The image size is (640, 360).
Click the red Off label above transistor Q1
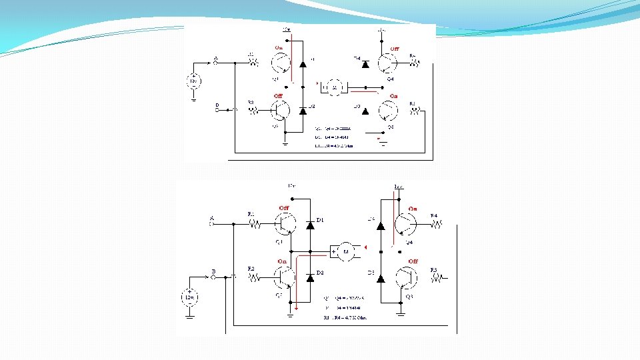(284, 208)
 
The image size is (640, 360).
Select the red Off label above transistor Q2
(279, 96)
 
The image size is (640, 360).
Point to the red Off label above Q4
(395, 49)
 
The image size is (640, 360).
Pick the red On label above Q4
(413, 209)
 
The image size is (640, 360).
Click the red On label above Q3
(393, 96)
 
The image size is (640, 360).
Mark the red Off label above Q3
(413, 261)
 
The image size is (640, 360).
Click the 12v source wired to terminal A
(193, 81)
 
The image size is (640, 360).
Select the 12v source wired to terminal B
(190, 297)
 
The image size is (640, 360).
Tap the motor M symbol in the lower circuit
(345, 251)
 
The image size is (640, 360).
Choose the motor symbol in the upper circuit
(334, 87)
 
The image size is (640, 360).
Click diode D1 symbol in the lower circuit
(310, 225)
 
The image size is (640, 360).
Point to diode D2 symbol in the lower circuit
(310, 277)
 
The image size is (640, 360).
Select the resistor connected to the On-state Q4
(434, 225)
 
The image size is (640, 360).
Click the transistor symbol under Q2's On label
(285, 276)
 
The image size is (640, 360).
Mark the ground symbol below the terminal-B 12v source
(190, 315)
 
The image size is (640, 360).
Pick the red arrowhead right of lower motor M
(365, 247)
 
